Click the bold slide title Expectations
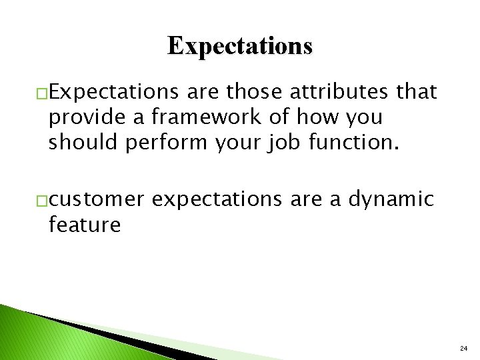coord(239,46)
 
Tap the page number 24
coord(463,349)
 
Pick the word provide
coord(82,117)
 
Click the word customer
coord(96,199)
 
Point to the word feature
coord(84,225)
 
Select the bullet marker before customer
coord(41,200)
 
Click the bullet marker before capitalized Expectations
coord(41,93)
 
